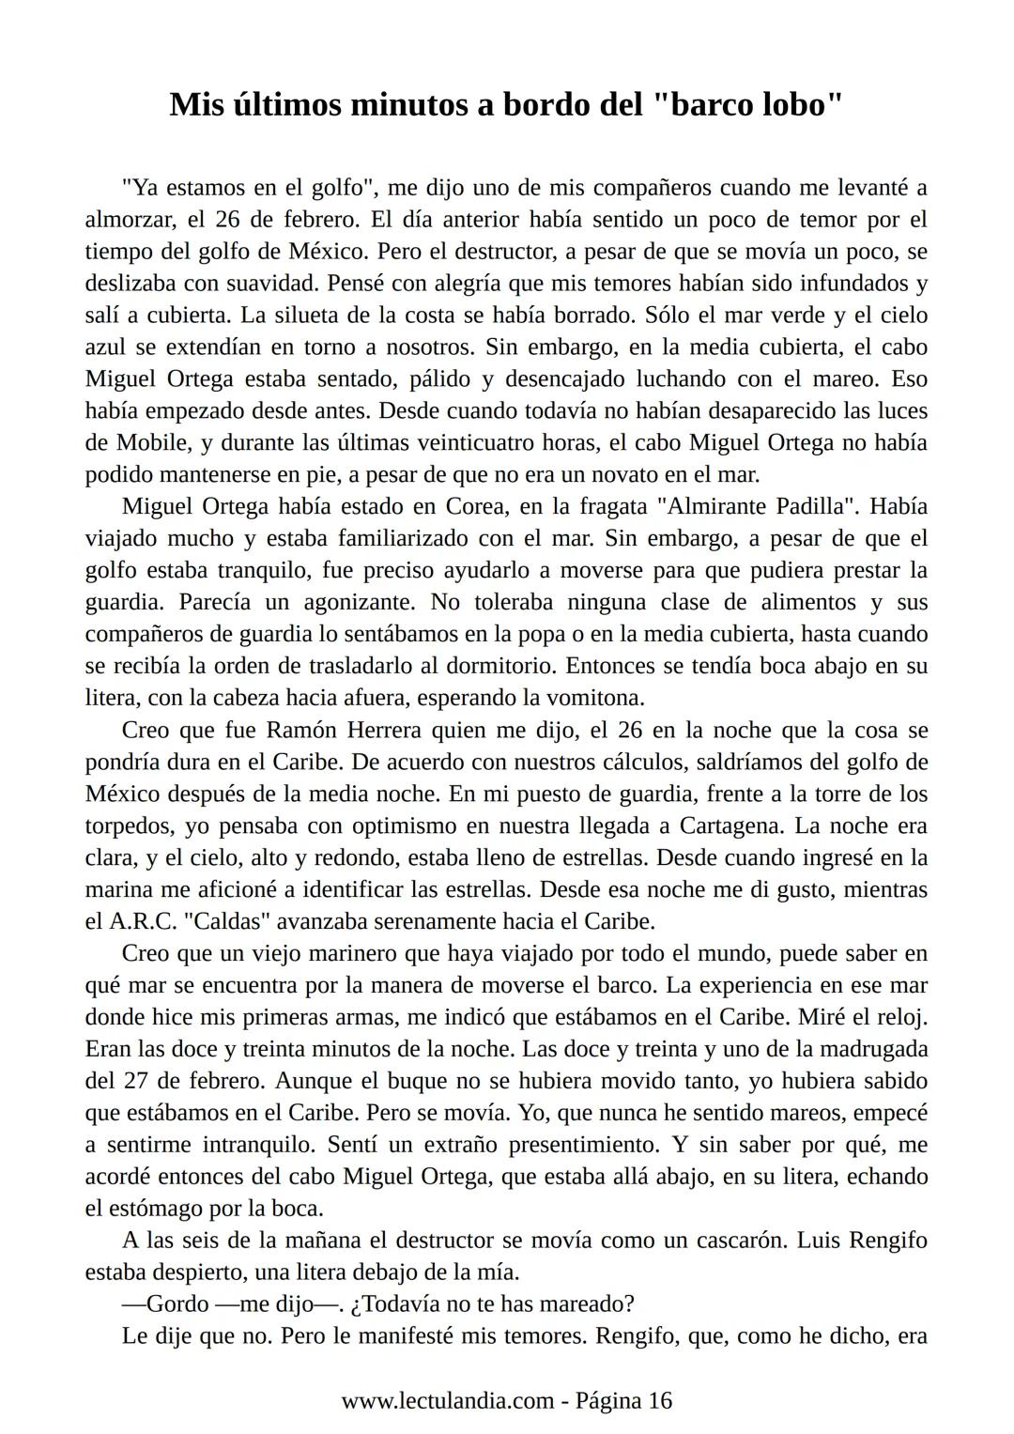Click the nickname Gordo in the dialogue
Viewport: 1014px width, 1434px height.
pos(177,1304)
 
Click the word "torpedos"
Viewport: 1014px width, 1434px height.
pos(136,825)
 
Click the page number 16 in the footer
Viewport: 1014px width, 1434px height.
pos(660,1400)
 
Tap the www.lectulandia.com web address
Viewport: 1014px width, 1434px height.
pos(447,1400)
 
